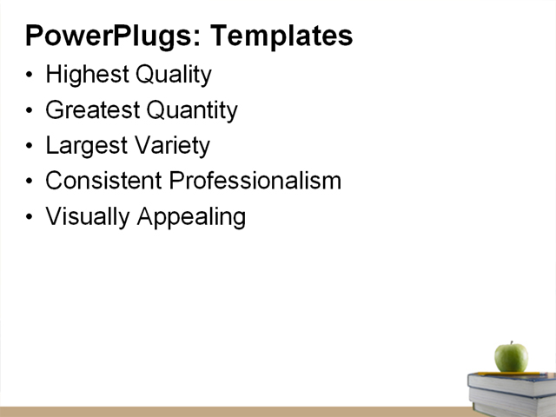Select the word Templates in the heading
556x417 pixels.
click(x=281, y=36)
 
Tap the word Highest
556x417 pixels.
click(x=88, y=76)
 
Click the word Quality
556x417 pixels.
click(x=174, y=75)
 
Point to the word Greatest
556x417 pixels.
click(x=91, y=111)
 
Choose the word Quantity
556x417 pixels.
click(x=191, y=111)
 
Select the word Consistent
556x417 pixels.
click(x=103, y=181)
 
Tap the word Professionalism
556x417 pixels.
click(x=255, y=181)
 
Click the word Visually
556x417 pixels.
click(x=88, y=216)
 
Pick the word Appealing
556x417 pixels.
click(x=191, y=216)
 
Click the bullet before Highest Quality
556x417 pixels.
click(x=30, y=76)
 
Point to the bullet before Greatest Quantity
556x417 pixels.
click(x=30, y=111)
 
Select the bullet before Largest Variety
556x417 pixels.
click(x=30, y=146)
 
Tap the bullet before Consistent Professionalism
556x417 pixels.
click(x=30, y=181)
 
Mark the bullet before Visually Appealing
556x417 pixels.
click(x=30, y=216)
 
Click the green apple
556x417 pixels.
click(x=511, y=357)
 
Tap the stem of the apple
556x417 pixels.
click(x=512, y=343)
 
